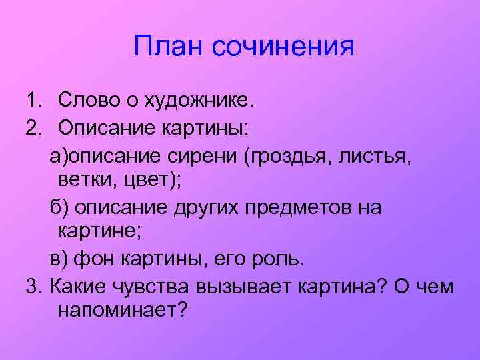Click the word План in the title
pyautogui.click(x=167, y=46)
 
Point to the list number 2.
pyautogui.click(x=33, y=127)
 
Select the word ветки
pyautogui.click(x=83, y=181)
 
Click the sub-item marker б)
pyautogui.click(x=59, y=207)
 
